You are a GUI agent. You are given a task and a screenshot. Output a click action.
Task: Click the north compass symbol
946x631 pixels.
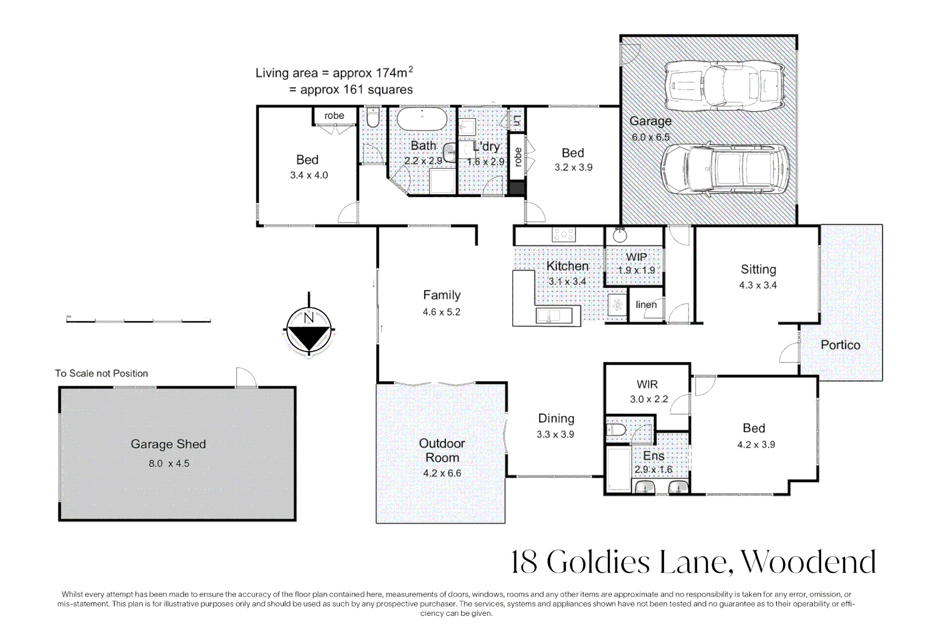click(309, 330)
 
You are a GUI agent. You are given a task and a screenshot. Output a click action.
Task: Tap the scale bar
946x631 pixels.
click(138, 320)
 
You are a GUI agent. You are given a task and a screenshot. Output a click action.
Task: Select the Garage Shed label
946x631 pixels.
click(168, 444)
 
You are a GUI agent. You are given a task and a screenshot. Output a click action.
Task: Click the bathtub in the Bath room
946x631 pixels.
click(422, 119)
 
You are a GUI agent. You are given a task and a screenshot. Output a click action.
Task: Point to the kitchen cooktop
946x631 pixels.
click(564, 235)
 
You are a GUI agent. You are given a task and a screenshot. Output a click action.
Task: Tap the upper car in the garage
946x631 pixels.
click(724, 86)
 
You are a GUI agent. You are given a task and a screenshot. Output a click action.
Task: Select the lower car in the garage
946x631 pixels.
click(724, 169)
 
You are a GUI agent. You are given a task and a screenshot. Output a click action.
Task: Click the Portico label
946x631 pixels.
click(840, 345)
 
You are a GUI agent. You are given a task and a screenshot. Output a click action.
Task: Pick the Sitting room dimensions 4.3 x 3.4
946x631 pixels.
click(758, 285)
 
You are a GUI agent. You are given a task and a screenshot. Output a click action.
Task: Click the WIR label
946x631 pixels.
click(647, 384)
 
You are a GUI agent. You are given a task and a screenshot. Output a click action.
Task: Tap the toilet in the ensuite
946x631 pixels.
click(617, 431)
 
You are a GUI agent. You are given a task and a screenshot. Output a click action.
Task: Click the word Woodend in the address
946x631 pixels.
click(808, 562)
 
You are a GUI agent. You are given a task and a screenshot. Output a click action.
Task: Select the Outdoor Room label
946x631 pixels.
click(442, 450)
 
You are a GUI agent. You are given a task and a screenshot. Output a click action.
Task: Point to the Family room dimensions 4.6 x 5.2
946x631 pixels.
click(441, 312)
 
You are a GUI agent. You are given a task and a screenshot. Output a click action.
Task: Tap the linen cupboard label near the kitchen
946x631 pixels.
click(646, 304)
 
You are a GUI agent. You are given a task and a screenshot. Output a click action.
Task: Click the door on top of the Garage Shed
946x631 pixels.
click(246, 378)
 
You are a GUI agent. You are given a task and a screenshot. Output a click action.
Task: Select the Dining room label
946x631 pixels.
click(556, 418)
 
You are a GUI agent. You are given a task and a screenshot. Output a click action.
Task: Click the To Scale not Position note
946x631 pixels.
click(102, 373)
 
